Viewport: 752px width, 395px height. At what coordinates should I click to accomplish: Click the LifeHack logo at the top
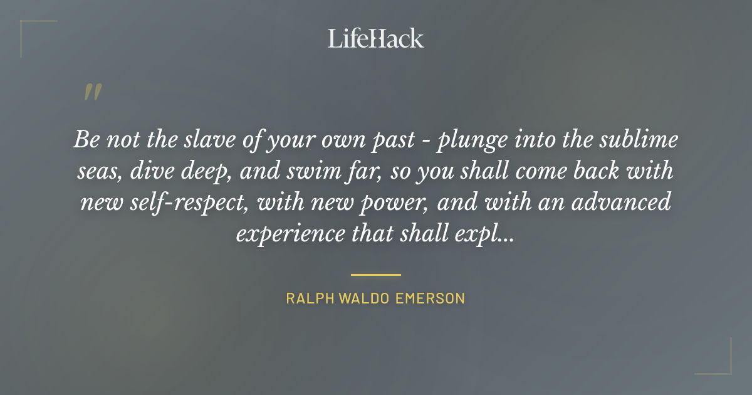[376, 38]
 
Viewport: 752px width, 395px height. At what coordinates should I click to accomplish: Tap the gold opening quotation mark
[92, 92]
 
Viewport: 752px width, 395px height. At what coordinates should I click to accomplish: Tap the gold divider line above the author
[376, 275]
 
